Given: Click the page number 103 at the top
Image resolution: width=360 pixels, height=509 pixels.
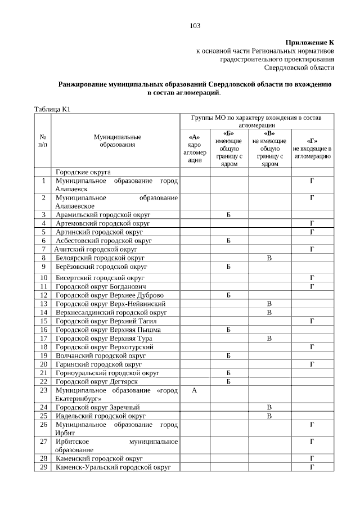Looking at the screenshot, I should (x=195, y=26).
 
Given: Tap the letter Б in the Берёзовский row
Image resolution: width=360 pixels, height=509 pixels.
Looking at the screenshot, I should (x=229, y=266).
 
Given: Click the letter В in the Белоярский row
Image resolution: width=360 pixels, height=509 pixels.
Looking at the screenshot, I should (x=269, y=258).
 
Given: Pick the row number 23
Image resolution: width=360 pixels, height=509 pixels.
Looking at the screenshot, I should (x=43, y=390).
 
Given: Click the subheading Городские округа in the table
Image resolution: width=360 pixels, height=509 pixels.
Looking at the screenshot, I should (x=83, y=172).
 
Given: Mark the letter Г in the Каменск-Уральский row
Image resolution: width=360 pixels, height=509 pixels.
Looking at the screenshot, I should (x=312, y=467).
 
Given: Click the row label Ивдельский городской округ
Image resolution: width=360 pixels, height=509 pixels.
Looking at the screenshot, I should (x=100, y=416).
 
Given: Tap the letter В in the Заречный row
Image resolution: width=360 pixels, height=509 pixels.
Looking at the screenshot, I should (x=269, y=407).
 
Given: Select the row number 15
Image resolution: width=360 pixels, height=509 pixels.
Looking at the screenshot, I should (x=43, y=321).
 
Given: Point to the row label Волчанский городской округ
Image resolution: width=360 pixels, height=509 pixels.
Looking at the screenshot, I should (x=101, y=355).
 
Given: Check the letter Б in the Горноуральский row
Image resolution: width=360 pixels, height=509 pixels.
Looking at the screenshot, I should (x=229, y=373).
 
